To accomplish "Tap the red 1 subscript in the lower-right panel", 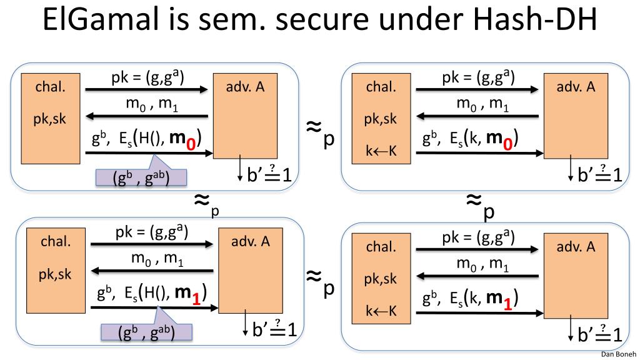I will click(x=509, y=304).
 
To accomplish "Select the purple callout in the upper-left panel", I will click(x=141, y=177).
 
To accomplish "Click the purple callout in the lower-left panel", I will click(x=147, y=331).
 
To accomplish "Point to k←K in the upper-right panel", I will click(x=381, y=149).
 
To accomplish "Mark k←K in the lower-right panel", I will click(x=381, y=310).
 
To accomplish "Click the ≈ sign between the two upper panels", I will click(x=314, y=127).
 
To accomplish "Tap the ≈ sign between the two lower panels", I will click(x=314, y=276).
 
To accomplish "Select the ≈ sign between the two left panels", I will click(x=201, y=200).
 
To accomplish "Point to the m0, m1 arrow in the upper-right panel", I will click(x=477, y=116).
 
